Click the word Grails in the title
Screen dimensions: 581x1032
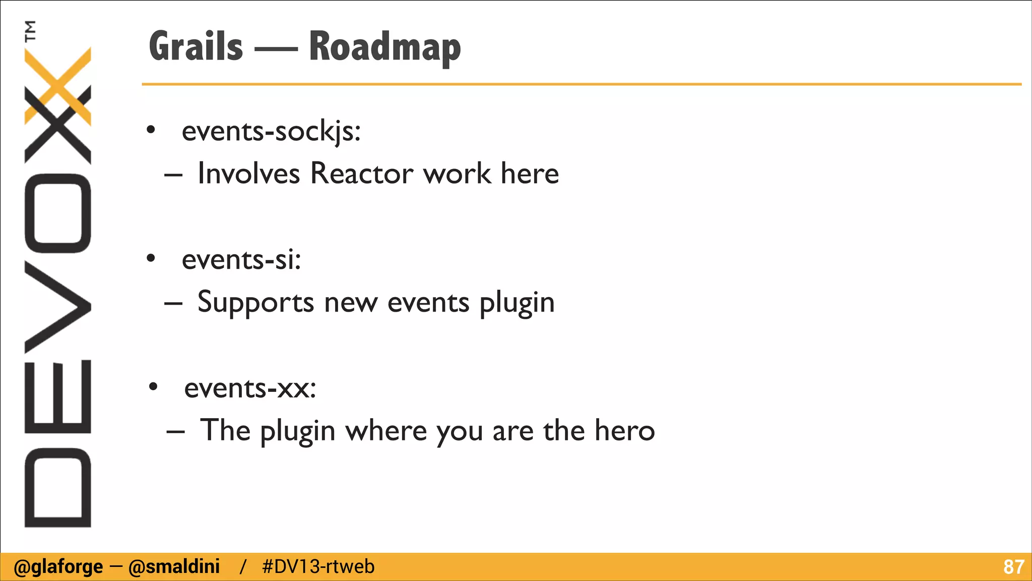tap(196, 46)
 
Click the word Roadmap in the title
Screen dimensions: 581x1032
tap(384, 47)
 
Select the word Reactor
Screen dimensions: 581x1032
tap(362, 173)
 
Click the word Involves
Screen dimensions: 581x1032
tap(248, 173)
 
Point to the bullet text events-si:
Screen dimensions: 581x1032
tap(241, 260)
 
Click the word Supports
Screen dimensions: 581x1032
tap(255, 303)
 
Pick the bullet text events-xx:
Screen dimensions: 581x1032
tap(250, 388)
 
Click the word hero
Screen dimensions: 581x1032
tap(624, 431)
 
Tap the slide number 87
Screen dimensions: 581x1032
tap(1013, 567)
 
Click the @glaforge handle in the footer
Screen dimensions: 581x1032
tap(58, 567)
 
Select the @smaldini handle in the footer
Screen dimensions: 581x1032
tap(174, 567)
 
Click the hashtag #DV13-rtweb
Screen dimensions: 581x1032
tap(318, 567)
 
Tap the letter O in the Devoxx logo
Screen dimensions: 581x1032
tap(57, 213)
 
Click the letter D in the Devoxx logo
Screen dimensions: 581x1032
tap(57, 487)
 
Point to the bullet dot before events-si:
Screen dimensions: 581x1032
tap(151, 259)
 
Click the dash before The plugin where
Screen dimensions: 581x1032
tap(175, 432)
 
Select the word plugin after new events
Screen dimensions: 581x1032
tap(517, 303)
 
